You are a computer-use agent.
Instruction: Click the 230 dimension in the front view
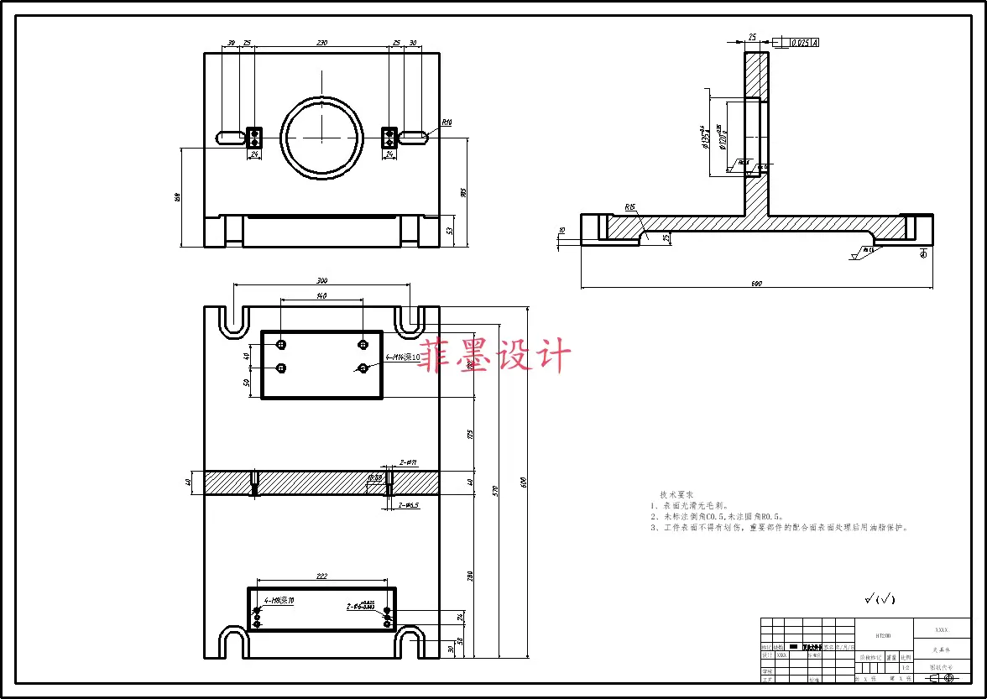(321, 43)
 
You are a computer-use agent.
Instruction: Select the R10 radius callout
(446, 123)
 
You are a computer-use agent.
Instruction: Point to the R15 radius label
(629, 206)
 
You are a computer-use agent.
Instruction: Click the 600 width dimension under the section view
(756, 284)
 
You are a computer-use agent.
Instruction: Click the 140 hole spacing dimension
(321, 296)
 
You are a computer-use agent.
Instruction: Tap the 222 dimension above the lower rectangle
(321, 576)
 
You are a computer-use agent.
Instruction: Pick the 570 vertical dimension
(496, 490)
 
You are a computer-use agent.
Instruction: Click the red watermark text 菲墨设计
(495, 356)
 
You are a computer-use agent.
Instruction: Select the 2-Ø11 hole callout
(409, 462)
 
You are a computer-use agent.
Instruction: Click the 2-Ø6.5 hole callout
(409, 505)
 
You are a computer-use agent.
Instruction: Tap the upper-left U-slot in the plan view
(234, 319)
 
